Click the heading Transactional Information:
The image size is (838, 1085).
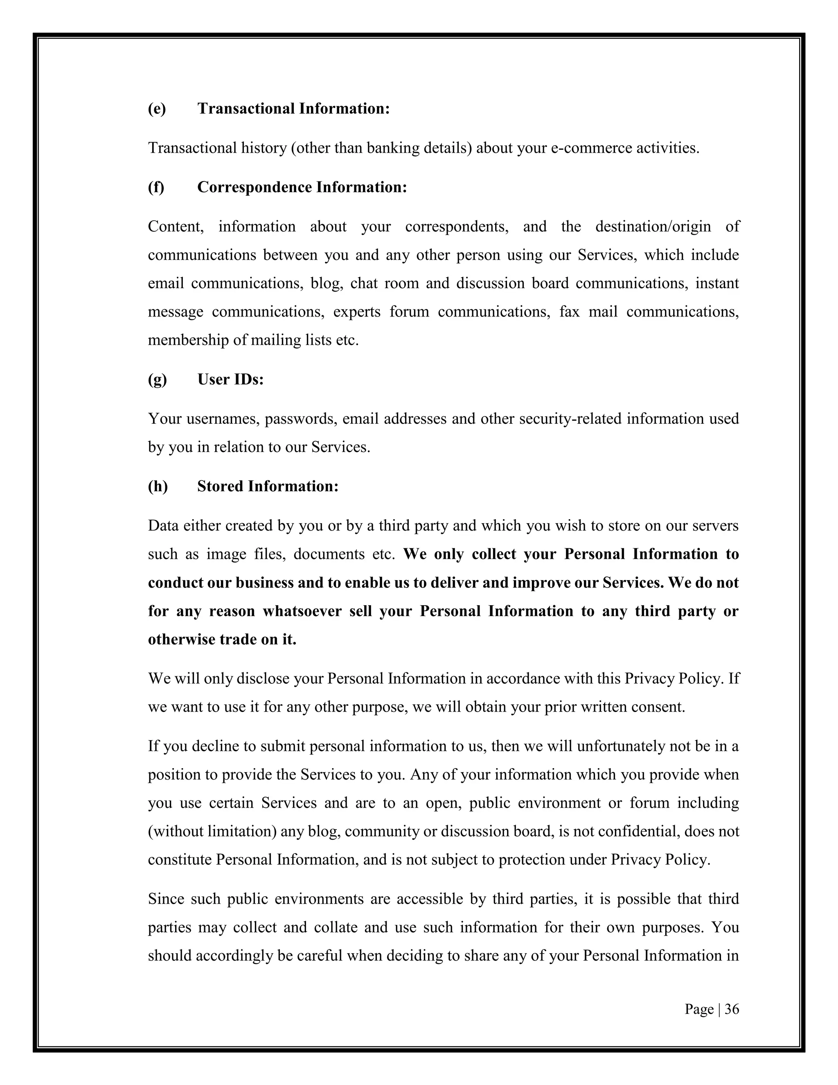coord(293,108)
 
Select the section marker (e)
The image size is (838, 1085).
coord(157,108)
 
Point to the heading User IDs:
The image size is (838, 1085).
coord(230,379)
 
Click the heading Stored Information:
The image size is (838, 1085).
coord(268,486)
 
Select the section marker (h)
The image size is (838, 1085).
coord(158,486)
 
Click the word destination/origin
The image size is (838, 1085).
coord(653,226)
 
